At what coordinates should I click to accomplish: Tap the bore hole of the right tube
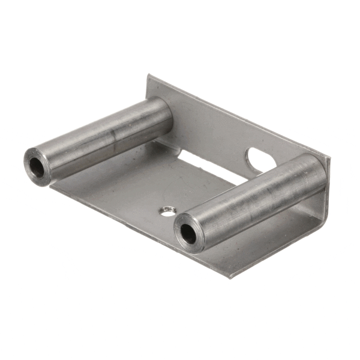188,233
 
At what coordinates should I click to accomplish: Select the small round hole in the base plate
166,210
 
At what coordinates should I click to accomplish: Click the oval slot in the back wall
259,158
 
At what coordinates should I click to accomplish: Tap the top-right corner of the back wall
328,158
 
